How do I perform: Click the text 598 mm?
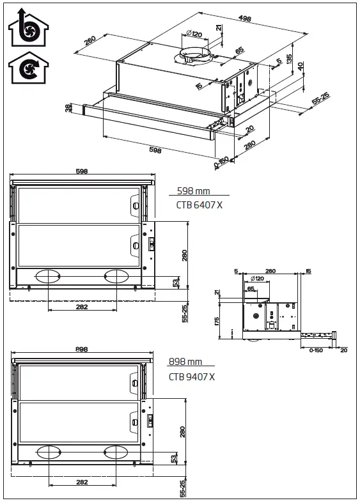pos(193,191)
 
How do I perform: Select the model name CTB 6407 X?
pos(199,205)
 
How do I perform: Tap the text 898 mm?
pos(185,362)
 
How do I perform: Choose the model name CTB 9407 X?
pos(191,376)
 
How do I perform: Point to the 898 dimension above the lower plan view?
pos(82,350)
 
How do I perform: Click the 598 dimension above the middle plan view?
pos(81,171)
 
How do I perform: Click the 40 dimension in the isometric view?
pos(301,67)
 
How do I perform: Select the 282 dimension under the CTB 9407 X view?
pos(82,482)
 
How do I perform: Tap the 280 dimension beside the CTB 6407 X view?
pos(184,256)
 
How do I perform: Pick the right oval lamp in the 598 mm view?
pos(116,276)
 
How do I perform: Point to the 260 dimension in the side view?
pos(270,272)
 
